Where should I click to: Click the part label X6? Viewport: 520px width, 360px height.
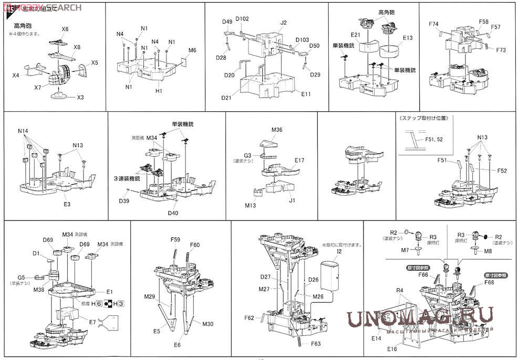65,29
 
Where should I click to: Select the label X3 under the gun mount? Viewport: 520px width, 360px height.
80,98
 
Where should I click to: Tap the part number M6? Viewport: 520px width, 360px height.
192,50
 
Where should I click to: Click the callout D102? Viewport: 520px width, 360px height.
242,19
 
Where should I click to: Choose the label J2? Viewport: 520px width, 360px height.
284,23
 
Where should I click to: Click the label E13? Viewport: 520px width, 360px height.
408,38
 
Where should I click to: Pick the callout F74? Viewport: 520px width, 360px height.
433,24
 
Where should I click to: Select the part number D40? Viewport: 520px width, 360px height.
173,213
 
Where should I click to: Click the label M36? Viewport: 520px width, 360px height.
277,130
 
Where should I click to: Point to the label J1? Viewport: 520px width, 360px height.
292,200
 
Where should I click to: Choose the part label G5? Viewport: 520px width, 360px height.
21,277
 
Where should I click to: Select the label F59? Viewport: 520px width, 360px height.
175,240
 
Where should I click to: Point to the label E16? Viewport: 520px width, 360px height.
392,349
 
